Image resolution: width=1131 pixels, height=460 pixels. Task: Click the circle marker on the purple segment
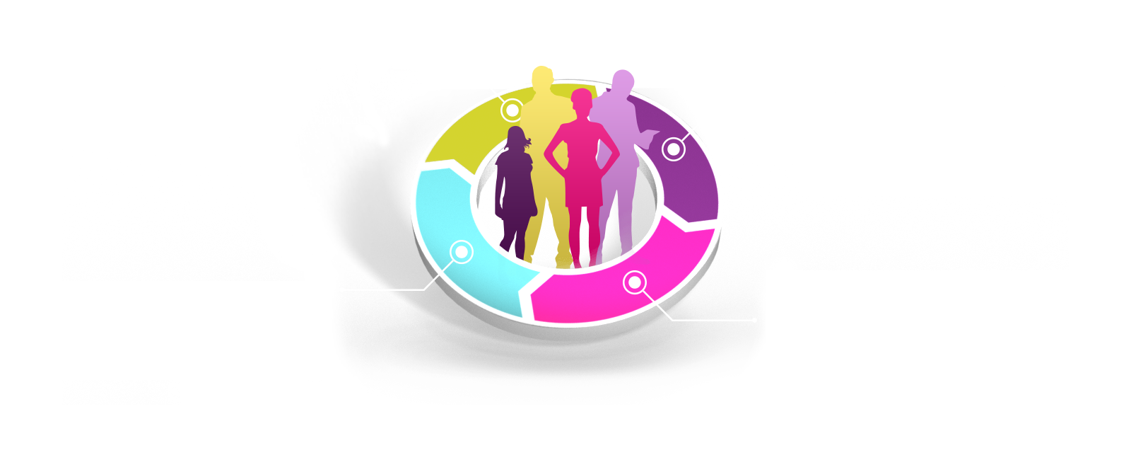pyautogui.click(x=674, y=149)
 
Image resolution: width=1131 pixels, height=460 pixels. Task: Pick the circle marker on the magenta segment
pyautogui.click(x=635, y=282)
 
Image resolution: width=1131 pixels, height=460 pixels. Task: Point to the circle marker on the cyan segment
pyautogui.click(x=462, y=251)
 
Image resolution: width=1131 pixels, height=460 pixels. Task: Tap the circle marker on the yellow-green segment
pyautogui.click(x=512, y=110)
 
